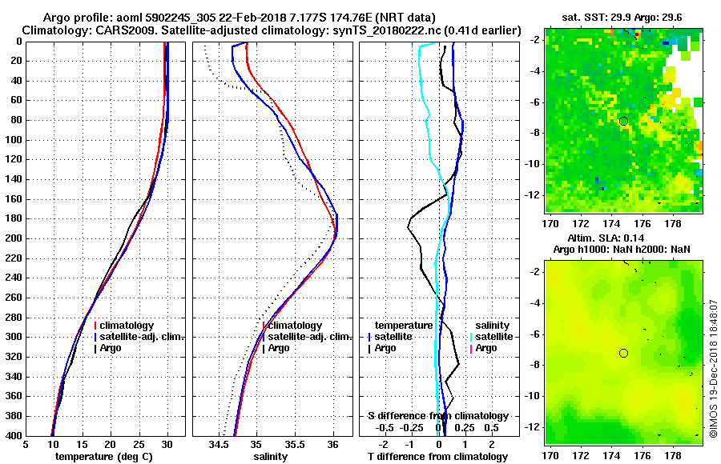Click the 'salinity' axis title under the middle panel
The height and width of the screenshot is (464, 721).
pos(270,457)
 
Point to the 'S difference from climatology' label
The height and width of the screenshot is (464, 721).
pos(438,416)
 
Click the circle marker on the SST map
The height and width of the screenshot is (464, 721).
pos(623,121)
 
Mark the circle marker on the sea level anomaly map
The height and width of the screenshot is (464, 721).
pos(623,353)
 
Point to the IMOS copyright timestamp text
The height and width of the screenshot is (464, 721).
pos(713,359)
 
